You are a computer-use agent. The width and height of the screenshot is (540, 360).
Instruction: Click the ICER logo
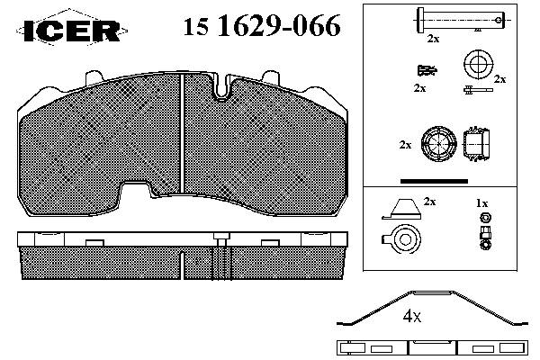tap(72, 31)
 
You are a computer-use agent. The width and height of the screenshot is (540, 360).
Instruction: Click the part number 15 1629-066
tap(262, 26)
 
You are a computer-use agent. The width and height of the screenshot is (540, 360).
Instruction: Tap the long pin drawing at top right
tap(461, 20)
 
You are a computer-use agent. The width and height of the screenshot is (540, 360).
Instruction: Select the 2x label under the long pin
tap(433, 39)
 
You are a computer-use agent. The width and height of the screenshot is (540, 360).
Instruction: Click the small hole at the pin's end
tap(499, 20)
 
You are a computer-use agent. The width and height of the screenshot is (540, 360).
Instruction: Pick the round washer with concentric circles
tap(479, 65)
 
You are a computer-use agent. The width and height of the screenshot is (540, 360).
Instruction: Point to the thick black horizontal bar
tap(435, 181)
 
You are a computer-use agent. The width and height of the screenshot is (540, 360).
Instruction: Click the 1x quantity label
tap(481, 203)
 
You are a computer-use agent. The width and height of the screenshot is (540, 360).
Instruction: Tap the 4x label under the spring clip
tap(412, 316)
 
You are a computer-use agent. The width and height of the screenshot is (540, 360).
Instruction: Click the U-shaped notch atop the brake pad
tap(222, 88)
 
